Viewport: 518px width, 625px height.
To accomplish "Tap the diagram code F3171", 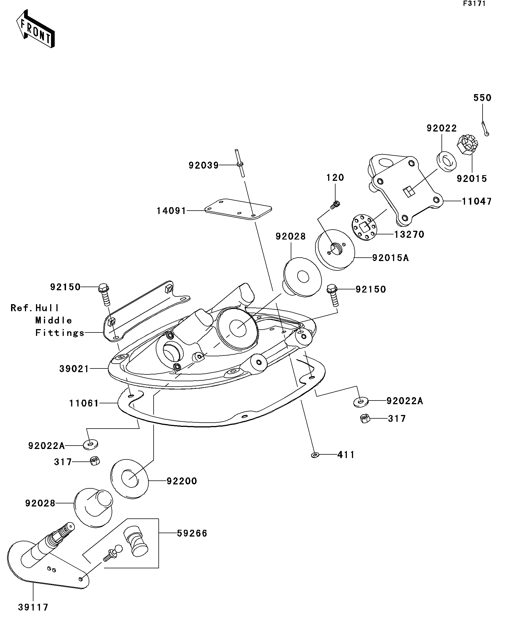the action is point(474,4).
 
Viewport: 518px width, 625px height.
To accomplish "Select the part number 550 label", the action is point(482,98).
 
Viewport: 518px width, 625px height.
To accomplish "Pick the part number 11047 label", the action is point(477,201).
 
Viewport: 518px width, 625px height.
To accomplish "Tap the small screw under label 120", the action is point(335,205).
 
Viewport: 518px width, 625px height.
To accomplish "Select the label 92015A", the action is point(390,258).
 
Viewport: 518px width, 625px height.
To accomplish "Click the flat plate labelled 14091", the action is point(238,209).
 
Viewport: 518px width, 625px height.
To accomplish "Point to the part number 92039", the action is point(203,165).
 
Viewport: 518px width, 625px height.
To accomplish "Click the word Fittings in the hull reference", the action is point(60,333).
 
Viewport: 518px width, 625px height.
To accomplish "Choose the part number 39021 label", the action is point(74,369).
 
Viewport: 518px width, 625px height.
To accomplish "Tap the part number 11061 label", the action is point(84,403).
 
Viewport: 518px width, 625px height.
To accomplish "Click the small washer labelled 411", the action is point(315,455).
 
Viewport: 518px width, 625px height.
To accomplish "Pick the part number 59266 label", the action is point(192,533).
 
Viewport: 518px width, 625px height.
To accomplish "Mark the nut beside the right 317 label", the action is point(365,419).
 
